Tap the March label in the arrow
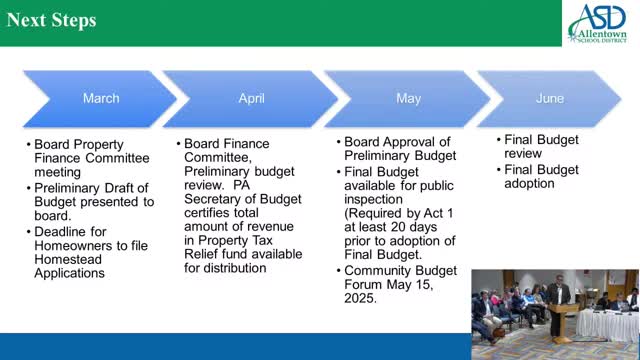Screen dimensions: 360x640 (x=100, y=98)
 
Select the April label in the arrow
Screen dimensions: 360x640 (x=251, y=98)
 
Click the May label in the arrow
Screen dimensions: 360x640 (x=408, y=98)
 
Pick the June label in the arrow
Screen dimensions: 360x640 (x=549, y=98)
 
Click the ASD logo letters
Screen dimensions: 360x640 (x=596, y=18)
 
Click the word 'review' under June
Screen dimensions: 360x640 (x=524, y=155)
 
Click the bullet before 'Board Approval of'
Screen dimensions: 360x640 (x=337, y=142)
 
